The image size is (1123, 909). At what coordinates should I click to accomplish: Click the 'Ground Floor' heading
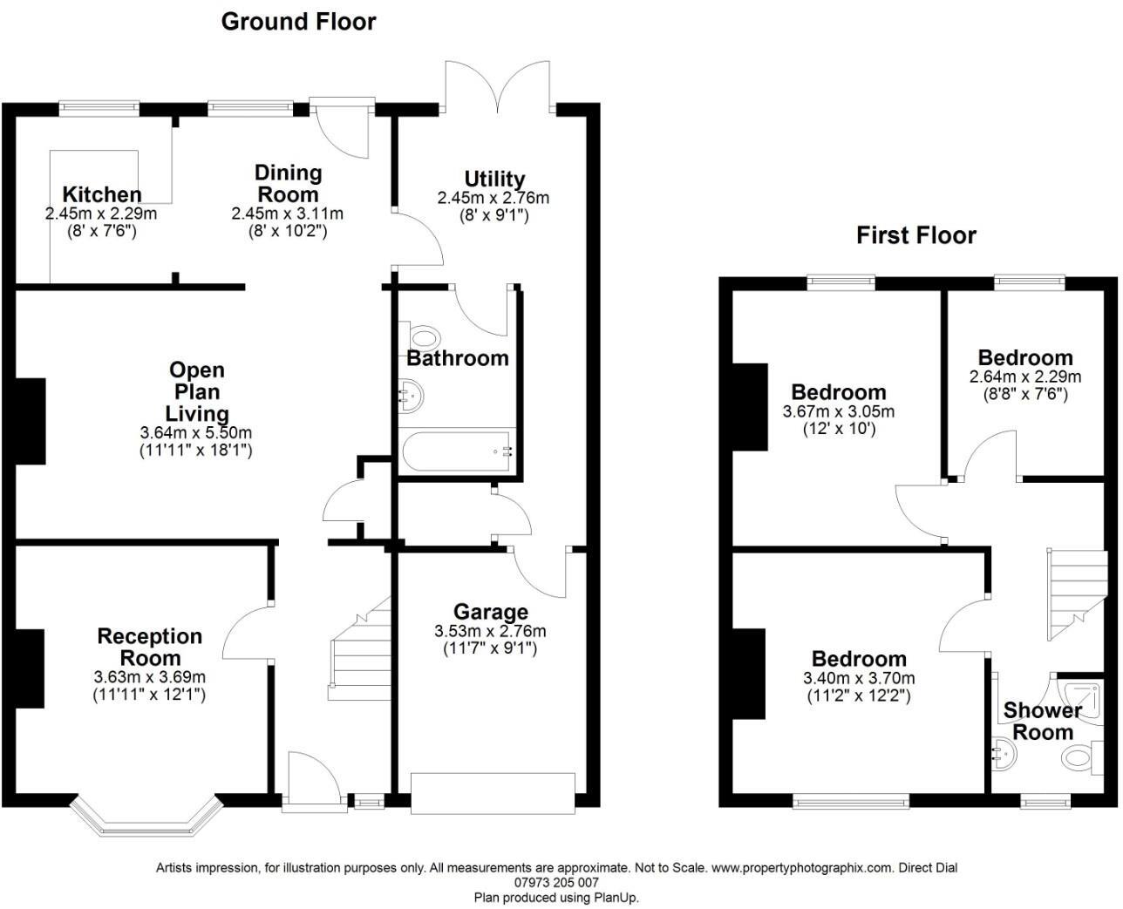[298, 22]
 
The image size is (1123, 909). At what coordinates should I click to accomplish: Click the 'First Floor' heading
[915, 235]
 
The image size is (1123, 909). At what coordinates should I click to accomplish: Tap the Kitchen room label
[101, 194]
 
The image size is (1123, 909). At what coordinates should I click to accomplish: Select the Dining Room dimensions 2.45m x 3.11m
[287, 214]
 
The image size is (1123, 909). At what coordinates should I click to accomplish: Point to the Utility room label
[493, 180]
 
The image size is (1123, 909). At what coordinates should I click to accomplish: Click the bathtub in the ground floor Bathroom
[458, 452]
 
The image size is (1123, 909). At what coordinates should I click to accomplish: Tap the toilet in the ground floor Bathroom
[423, 336]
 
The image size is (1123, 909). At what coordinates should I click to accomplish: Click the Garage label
[490, 613]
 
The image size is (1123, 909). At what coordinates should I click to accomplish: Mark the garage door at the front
[493, 792]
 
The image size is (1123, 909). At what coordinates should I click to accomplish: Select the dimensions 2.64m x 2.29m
[1024, 377]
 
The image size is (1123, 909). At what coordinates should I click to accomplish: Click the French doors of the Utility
[498, 88]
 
